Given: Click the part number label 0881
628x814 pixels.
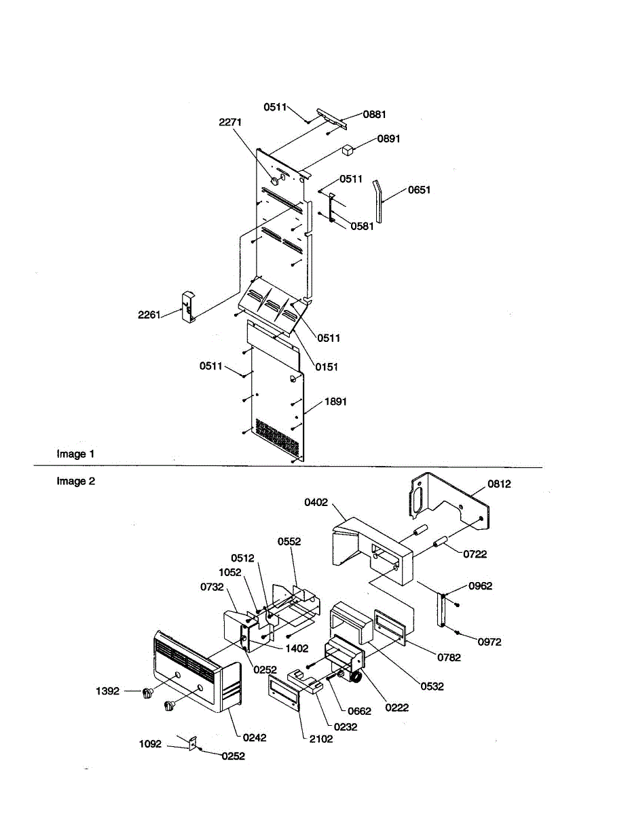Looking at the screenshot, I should pyautogui.click(x=374, y=115).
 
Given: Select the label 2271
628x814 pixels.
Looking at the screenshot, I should pyautogui.click(x=230, y=122).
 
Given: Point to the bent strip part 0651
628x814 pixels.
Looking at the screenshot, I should pyautogui.click(x=380, y=201).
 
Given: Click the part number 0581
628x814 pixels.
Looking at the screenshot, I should pyautogui.click(x=363, y=227).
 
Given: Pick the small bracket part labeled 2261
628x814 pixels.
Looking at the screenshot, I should pyautogui.click(x=187, y=306).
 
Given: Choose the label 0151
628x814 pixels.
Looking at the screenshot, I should pyautogui.click(x=327, y=367).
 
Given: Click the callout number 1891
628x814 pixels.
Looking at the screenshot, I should pyautogui.click(x=335, y=402).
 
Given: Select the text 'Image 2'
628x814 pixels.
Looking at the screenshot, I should pyautogui.click(x=75, y=482).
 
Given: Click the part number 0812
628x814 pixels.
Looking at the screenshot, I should pyautogui.click(x=499, y=484).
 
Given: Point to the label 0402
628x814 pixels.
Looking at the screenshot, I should pyautogui.click(x=316, y=503).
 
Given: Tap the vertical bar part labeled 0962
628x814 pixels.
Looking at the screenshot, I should pyautogui.click(x=442, y=610).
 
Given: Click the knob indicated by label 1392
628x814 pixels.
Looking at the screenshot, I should pyautogui.click(x=147, y=693).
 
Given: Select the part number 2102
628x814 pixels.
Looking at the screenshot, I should pyautogui.click(x=321, y=739).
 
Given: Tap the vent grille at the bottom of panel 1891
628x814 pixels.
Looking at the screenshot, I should pyautogui.click(x=276, y=437).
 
